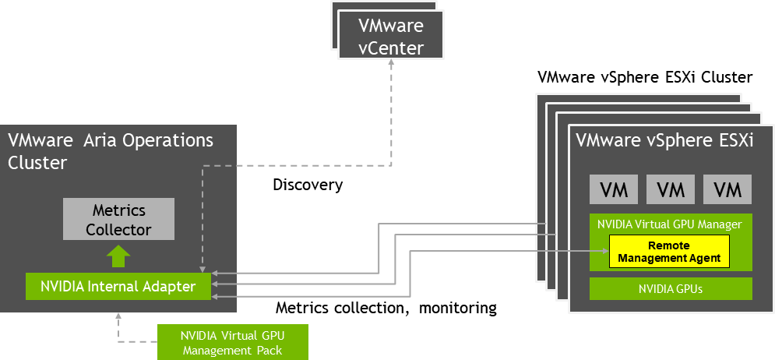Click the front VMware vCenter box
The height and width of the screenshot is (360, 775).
391,37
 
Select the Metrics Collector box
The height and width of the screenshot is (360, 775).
118,220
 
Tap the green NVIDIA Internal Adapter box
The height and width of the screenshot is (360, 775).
118,287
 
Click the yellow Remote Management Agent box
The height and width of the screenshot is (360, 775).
668,252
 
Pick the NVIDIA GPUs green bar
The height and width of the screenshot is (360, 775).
671,288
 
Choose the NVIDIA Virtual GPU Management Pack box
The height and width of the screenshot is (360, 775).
232,342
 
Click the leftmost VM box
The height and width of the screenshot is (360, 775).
614,189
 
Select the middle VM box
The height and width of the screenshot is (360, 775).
671,189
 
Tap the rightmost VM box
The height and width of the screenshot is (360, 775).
727,189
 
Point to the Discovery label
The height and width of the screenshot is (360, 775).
308,185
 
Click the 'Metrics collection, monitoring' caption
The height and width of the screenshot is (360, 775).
386,308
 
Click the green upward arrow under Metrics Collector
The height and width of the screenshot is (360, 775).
118,256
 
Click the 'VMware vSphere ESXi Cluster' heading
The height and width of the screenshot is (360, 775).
645,78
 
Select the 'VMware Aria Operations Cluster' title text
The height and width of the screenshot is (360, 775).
110,151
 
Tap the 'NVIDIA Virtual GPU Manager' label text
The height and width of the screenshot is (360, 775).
669,224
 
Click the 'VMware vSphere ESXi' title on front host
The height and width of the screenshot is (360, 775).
664,142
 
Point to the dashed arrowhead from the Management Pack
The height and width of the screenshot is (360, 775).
118,316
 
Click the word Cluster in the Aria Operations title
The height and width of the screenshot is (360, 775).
37,163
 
